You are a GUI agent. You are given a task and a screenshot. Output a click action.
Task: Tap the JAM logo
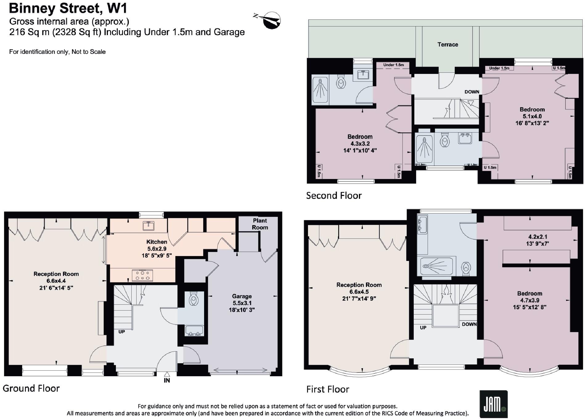[x=493, y=404]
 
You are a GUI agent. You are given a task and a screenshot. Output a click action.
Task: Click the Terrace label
[x=447, y=45]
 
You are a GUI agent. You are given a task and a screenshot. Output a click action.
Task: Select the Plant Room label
[x=260, y=224]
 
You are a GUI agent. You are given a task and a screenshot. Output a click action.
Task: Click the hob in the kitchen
[x=142, y=275]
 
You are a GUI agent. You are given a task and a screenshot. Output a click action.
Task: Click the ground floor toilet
[x=193, y=299]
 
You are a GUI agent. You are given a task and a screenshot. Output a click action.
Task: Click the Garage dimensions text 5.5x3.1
[x=242, y=303]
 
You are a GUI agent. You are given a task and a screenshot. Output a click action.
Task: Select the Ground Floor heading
[x=31, y=388]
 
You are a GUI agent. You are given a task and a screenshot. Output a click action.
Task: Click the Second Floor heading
[x=334, y=195]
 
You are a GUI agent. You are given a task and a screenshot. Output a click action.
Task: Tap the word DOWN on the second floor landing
[x=472, y=92]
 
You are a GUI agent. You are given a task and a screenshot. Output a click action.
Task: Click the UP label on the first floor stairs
[x=423, y=327]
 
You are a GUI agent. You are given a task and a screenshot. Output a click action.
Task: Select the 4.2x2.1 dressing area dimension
[x=538, y=237]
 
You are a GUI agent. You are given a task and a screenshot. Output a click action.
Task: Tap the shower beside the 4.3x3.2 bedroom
[x=320, y=90]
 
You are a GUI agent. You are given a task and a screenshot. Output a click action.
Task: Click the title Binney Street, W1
[x=68, y=8]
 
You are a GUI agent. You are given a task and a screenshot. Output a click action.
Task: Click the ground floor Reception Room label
[x=56, y=274]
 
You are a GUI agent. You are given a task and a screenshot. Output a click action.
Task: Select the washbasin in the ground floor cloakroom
[x=194, y=331]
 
